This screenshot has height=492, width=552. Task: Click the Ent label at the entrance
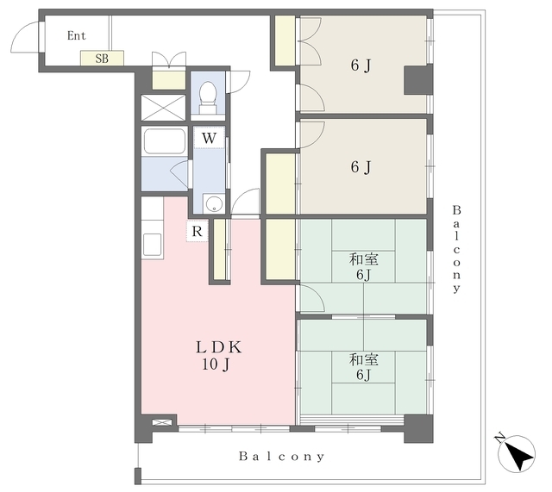point(77,35)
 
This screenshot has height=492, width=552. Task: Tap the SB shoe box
point(102,58)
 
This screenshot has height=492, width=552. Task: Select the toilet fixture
point(208,97)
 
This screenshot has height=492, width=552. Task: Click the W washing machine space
point(209,138)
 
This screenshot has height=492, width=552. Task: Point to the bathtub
point(164,141)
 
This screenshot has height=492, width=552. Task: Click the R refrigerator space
point(198,232)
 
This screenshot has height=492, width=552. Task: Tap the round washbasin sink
point(214,204)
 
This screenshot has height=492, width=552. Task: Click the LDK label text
point(218,347)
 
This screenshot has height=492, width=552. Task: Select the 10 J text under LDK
point(216,364)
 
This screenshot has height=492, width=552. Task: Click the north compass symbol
point(517,453)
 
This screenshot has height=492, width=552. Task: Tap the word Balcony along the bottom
point(282,457)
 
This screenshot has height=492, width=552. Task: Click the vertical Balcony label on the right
point(456,249)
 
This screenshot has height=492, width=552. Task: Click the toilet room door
point(238,82)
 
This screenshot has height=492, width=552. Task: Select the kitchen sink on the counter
point(153,245)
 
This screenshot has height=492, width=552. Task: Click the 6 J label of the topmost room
point(361,65)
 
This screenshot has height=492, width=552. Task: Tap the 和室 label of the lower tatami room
point(364,360)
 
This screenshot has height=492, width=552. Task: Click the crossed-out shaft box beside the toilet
point(163,108)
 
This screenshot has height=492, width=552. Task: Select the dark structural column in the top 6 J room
point(417,80)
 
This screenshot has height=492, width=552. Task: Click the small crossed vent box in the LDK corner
point(162,422)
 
